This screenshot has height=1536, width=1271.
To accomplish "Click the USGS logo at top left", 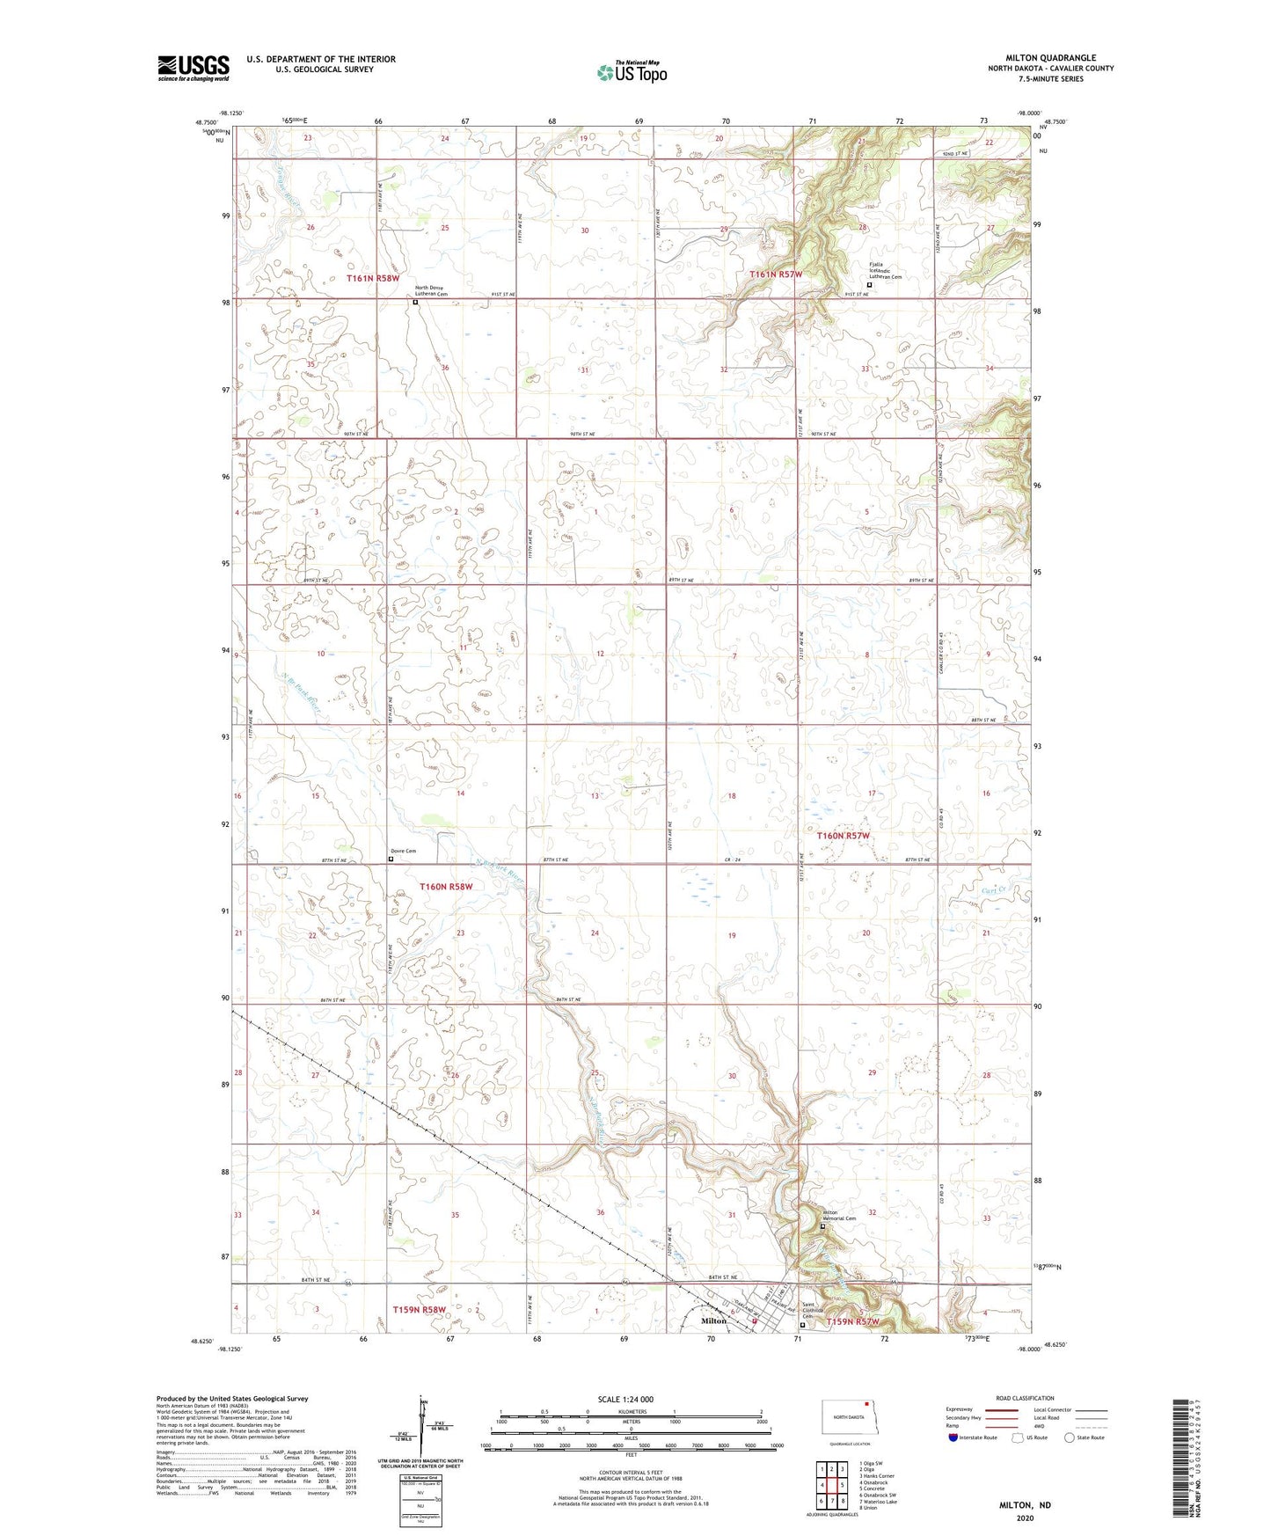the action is coord(193,67).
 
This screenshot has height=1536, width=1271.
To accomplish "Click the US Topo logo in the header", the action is coord(632,72).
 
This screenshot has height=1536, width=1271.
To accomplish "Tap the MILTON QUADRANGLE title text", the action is coord(1050,58).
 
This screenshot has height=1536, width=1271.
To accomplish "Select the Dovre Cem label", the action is coord(403,851).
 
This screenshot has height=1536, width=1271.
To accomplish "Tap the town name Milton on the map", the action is coord(713,1320).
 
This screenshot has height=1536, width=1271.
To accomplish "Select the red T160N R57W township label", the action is coord(843,835).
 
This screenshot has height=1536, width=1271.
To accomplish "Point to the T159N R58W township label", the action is coord(419,1310).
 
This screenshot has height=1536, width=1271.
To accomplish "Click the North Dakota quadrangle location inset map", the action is coord(844,1416).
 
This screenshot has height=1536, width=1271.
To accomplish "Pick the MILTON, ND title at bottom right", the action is coord(1025,1505).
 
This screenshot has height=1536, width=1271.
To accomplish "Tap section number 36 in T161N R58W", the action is coord(445,368).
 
